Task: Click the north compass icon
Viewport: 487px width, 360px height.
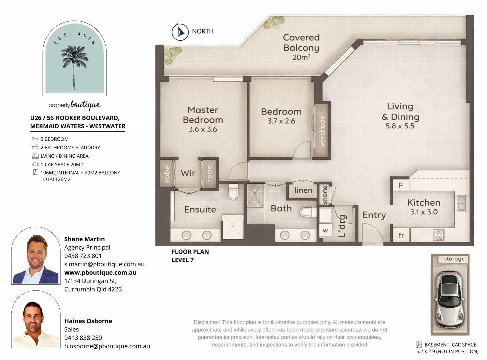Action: tap(180, 32)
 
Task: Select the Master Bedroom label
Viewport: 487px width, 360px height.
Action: tap(203, 115)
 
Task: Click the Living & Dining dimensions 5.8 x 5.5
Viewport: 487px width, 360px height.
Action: tap(400, 126)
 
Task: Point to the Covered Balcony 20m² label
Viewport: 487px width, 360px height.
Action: tap(301, 47)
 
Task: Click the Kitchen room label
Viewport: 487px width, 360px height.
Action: tap(424, 203)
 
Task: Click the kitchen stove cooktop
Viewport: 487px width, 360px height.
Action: tap(439, 235)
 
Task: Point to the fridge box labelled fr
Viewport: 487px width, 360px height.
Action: tap(401, 235)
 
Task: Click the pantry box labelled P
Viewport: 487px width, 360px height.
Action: tap(400, 185)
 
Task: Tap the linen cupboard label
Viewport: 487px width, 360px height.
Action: tap(303, 190)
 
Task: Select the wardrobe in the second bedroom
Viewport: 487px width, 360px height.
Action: tap(322, 131)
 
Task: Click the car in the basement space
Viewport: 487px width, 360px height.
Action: tap(450, 299)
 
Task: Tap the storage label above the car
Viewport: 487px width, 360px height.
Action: tap(454, 259)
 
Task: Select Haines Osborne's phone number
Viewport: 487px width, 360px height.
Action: tap(83, 338)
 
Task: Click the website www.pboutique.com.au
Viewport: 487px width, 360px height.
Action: tap(100, 272)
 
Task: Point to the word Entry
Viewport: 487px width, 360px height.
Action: tap(374, 215)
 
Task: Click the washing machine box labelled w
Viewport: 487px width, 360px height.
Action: tap(325, 230)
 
